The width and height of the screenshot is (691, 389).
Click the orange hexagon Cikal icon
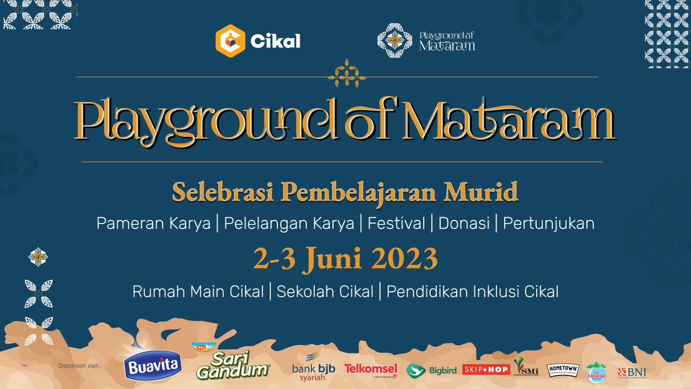(231, 41)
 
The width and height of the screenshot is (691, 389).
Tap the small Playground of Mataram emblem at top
(395, 41)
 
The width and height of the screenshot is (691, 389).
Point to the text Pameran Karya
(153, 223)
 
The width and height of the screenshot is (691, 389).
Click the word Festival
(396, 223)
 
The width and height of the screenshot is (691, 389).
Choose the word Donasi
(464, 223)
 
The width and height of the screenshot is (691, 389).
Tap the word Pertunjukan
(548, 223)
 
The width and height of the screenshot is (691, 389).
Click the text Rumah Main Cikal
(198, 292)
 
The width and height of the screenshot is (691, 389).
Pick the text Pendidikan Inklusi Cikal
(472, 292)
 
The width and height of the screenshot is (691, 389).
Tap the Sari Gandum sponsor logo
(233, 364)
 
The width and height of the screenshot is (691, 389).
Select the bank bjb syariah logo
(314, 368)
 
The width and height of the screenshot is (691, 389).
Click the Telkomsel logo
(371, 370)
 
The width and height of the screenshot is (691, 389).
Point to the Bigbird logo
(432, 371)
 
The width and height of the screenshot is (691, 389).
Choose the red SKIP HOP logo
(486, 370)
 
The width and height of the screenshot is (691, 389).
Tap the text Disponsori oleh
(79, 366)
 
